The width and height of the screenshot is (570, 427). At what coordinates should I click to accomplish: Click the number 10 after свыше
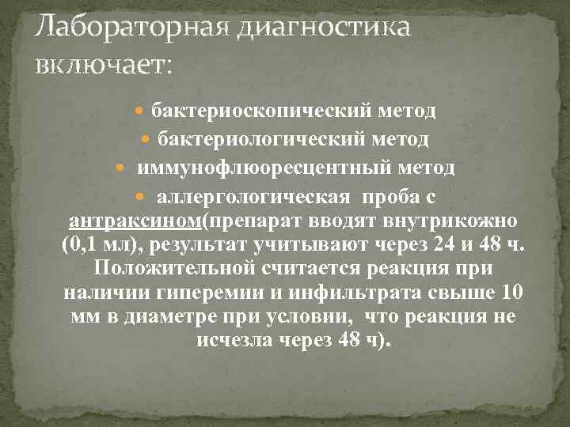(x=511, y=293)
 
